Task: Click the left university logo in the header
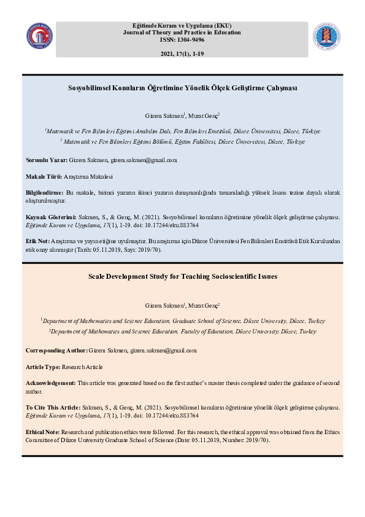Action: point(39,37)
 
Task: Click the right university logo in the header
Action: point(326,37)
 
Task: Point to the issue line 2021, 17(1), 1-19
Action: point(182,55)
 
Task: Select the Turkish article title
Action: point(182,88)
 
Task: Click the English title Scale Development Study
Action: point(182,276)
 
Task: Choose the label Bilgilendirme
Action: point(44,193)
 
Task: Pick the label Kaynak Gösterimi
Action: point(50,217)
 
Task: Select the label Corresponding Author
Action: point(56,351)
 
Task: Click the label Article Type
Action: point(42,367)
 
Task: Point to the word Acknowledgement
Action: point(51,383)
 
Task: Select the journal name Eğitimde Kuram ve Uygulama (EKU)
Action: point(182,26)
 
